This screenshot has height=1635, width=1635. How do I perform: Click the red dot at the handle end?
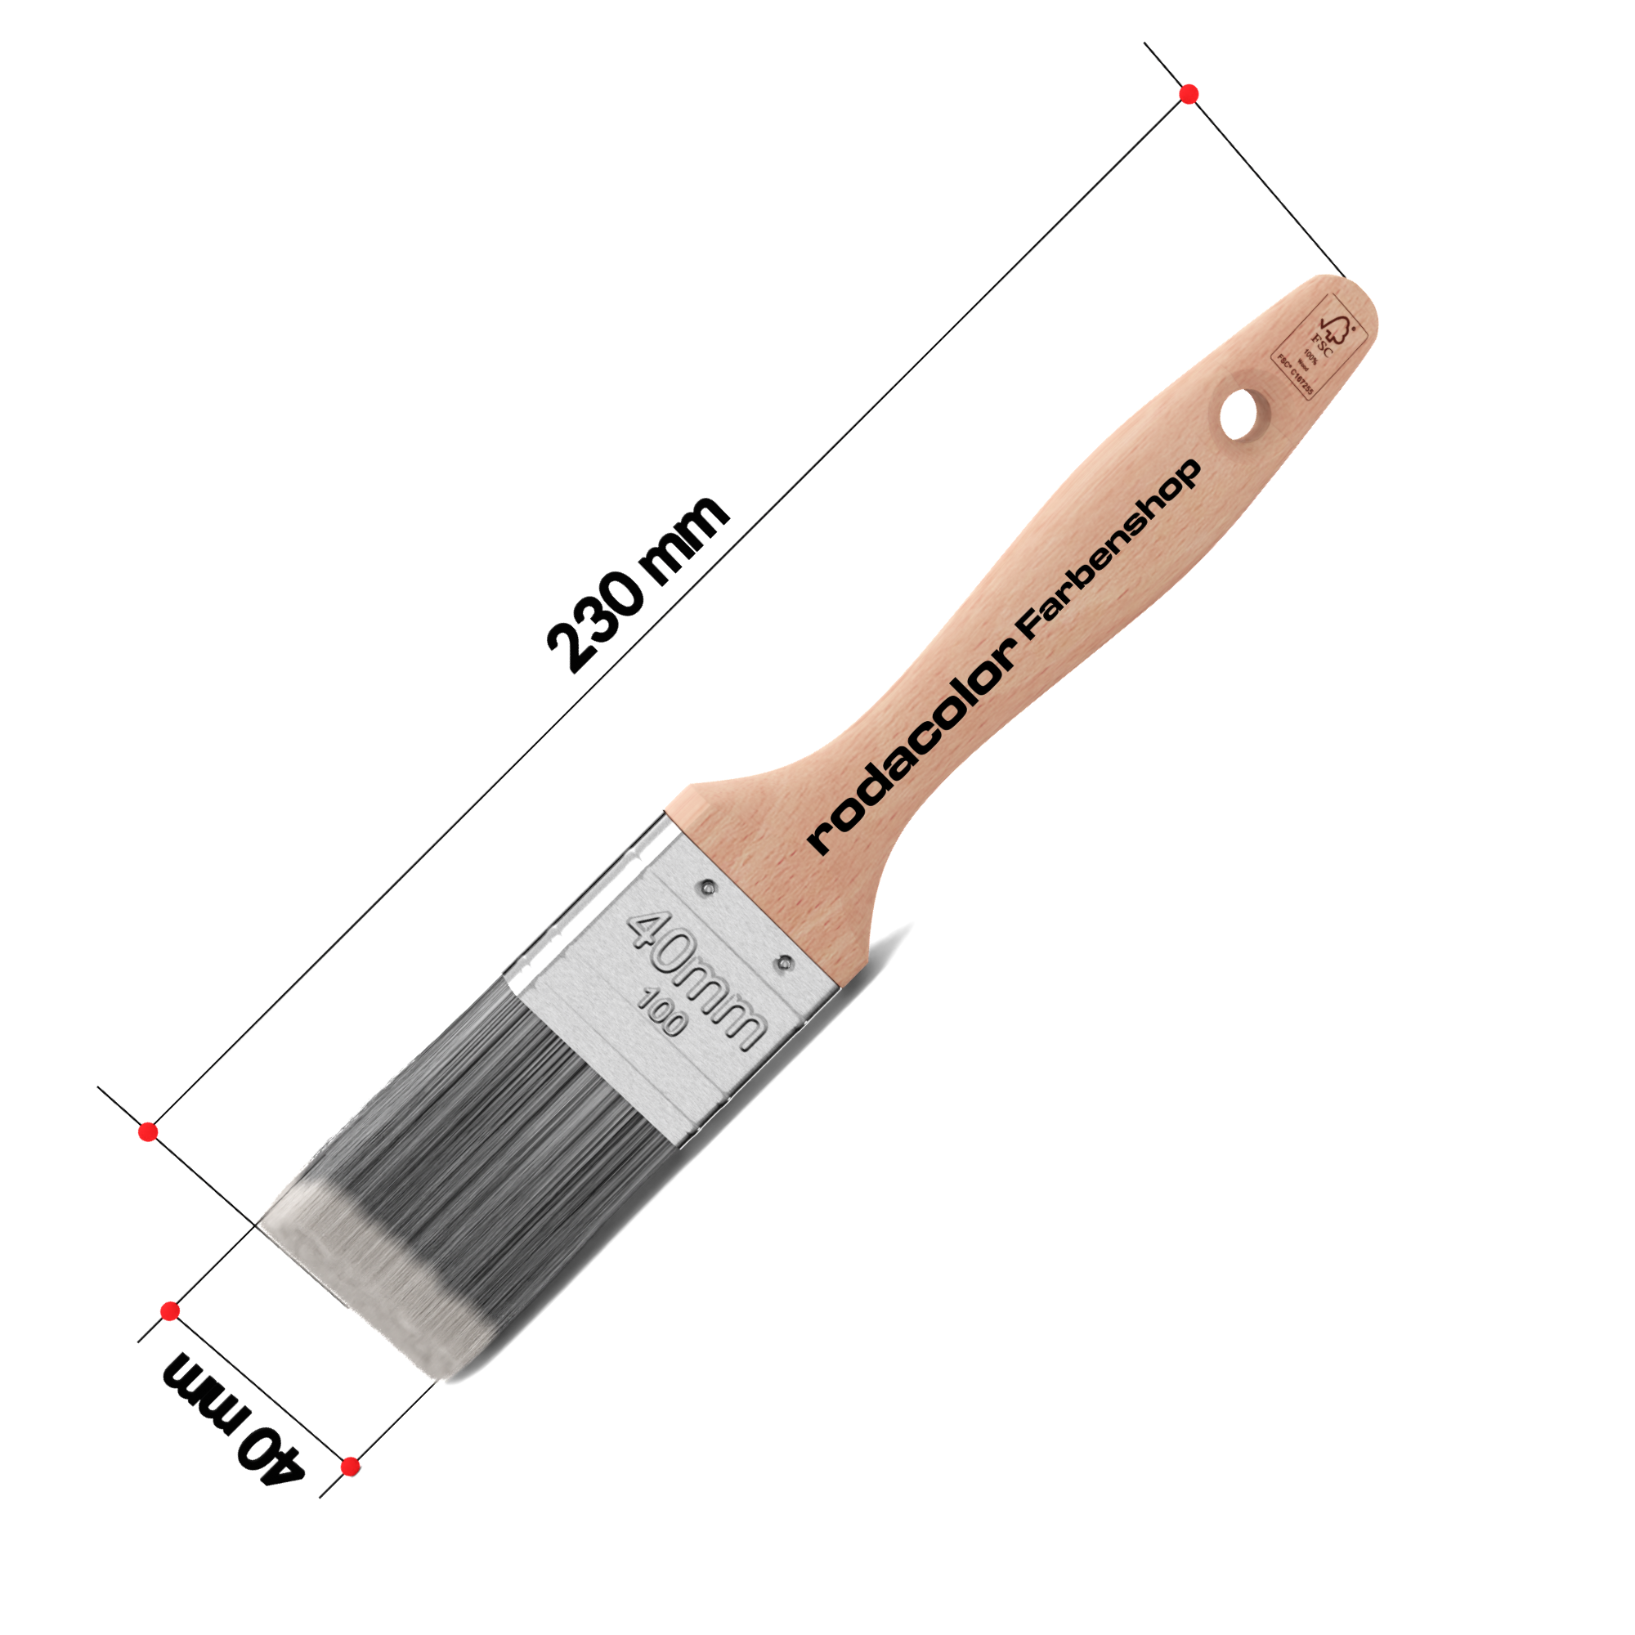[1189, 94]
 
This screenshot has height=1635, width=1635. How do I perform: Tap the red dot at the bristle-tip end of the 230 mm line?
[148, 1132]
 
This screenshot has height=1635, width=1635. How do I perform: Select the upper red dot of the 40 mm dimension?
[170, 1312]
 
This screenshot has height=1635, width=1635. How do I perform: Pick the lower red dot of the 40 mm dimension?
[351, 1467]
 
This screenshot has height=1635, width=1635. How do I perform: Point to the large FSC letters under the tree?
[1323, 345]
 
